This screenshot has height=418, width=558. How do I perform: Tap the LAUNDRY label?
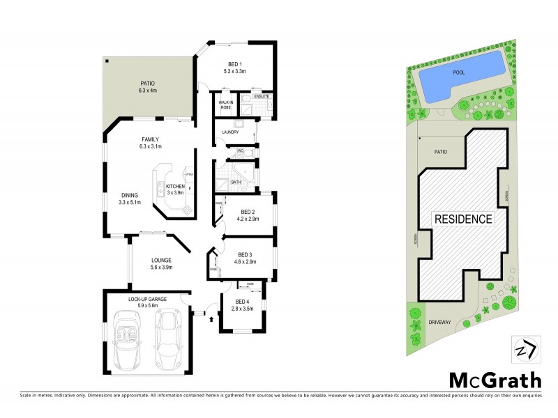[x=230, y=132]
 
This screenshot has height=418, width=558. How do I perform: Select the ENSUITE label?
[x=262, y=96]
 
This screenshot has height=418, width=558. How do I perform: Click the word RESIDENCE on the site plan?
[x=464, y=219]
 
